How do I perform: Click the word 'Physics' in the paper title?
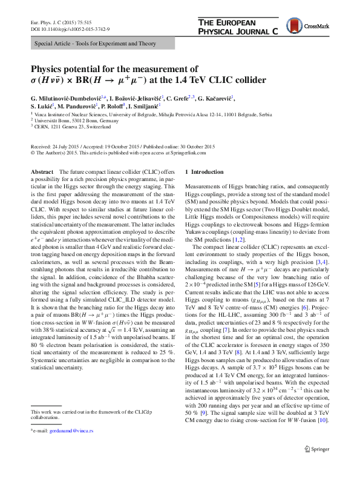click(49, 68)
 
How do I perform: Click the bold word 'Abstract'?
click(42, 173)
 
